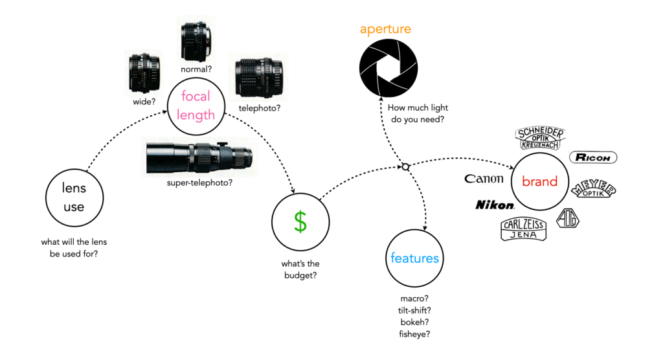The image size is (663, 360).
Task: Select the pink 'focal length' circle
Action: click(x=196, y=106)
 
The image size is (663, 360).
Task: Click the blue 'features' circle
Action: click(x=414, y=258)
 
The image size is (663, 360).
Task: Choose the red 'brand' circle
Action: click(x=539, y=181)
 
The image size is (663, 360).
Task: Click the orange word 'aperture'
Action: click(x=386, y=29)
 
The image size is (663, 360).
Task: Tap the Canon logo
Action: click(x=484, y=179)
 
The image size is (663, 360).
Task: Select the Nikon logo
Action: click(x=495, y=205)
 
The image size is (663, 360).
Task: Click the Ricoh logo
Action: click(x=593, y=157)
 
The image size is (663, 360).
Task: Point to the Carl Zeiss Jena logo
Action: click(x=523, y=229)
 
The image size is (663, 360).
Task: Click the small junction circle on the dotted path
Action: click(x=405, y=167)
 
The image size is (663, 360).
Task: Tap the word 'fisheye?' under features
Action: click(x=414, y=334)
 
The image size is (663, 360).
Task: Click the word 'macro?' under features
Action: click(x=414, y=299)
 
